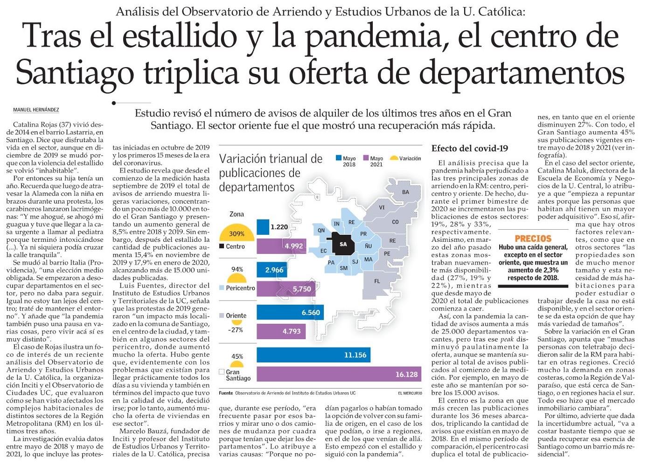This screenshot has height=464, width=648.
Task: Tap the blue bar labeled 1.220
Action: pyautogui.click(x=263, y=227)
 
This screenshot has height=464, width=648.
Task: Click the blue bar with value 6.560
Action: pyautogui.click(x=289, y=312)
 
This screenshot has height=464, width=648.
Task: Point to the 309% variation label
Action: pyautogui.click(x=237, y=234)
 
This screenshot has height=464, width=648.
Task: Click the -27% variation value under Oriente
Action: pyautogui.click(x=236, y=330)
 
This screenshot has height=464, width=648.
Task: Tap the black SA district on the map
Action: pyautogui.click(x=343, y=244)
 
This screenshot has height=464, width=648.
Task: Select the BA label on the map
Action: pyautogui.click(x=405, y=192)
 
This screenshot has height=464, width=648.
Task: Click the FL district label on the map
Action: pyautogui.click(x=377, y=281)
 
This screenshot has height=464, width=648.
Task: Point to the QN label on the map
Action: pyautogui.click(x=321, y=230)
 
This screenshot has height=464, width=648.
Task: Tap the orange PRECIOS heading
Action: pyautogui.click(x=533, y=238)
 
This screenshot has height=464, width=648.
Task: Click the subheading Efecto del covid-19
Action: pyautogui.click(x=469, y=148)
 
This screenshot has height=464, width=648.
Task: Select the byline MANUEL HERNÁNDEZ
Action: pyautogui.click(x=36, y=110)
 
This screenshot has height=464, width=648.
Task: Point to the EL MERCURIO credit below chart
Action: pyautogui.click(x=410, y=394)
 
